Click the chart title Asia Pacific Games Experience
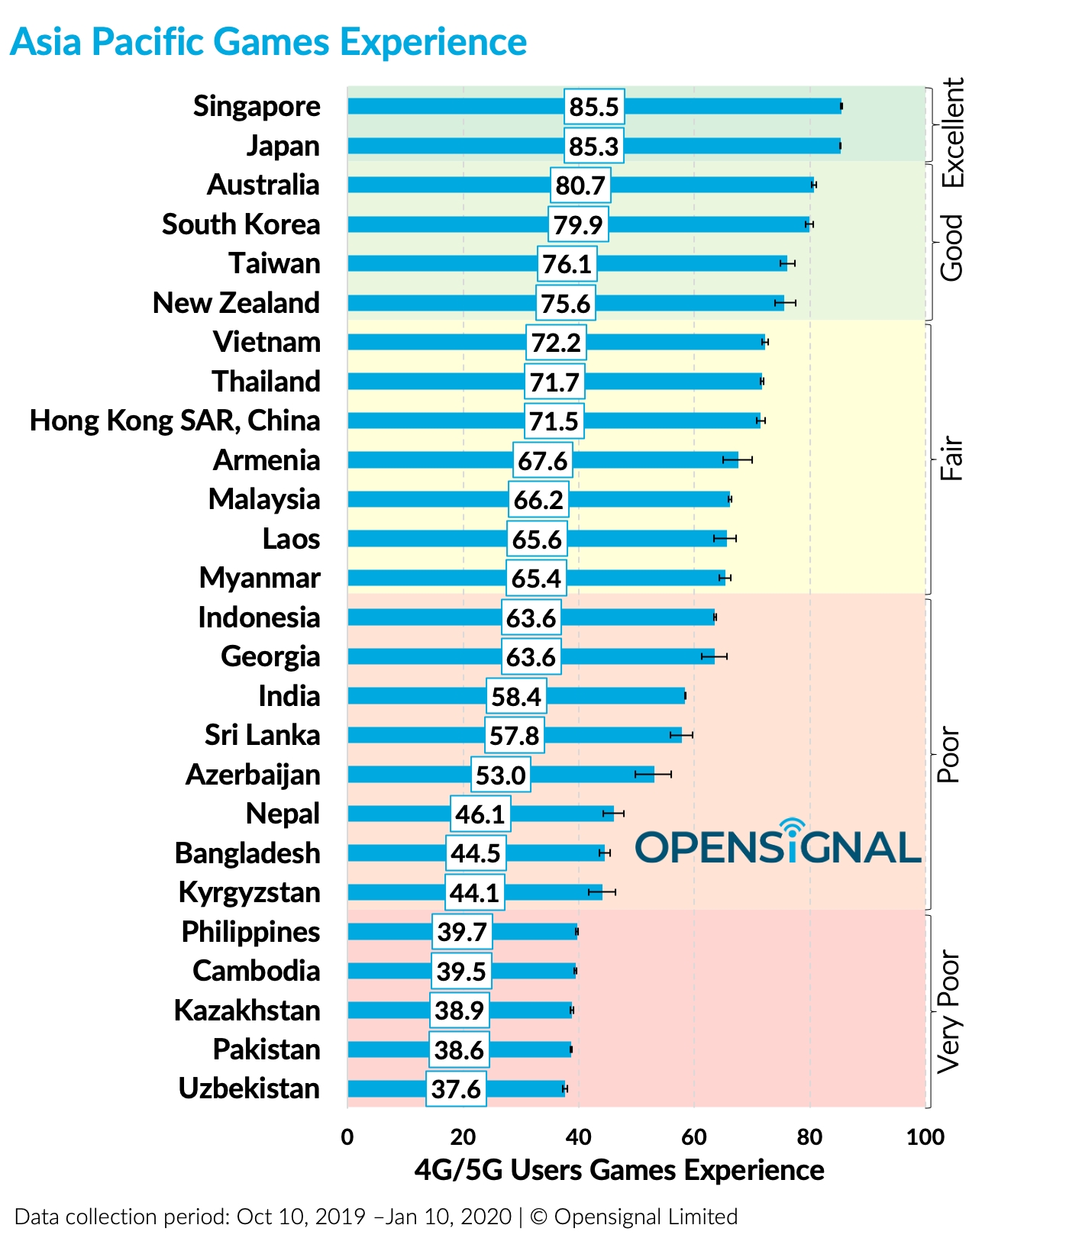(268, 42)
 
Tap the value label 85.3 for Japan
(594, 146)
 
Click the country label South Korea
(241, 224)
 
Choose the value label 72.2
(556, 343)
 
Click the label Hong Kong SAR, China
(175, 421)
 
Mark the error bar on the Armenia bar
(738, 459)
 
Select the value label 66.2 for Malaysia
(538, 500)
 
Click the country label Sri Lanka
(262, 735)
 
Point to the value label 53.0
(500, 775)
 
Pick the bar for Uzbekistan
(519, 1088)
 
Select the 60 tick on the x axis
(693, 1137)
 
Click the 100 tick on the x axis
(925, 1137)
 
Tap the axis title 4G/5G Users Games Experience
(619, 1170)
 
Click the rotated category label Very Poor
(949, 1011)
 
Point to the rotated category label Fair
(951, 458)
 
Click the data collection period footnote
(376, 1217)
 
